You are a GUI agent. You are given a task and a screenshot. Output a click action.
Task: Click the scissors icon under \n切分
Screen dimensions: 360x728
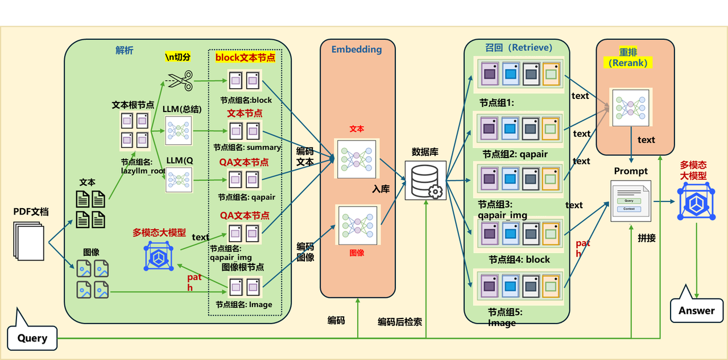click(180, 80)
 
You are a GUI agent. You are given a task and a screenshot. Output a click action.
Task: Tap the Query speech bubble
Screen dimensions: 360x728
click(32, 338)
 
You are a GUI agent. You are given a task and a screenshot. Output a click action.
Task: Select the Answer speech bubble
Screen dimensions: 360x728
click(696, 311)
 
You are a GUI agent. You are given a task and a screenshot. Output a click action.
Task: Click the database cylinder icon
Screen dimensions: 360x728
click(425, 180)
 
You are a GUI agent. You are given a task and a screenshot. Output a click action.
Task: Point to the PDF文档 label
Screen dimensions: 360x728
click(31, 212)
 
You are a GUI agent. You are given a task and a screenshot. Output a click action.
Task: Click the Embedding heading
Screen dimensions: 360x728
click(357, 49)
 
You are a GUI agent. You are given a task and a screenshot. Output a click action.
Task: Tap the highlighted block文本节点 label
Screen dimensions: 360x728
click(245, 57)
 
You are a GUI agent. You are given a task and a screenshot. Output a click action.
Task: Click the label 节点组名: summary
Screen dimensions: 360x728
click(247, 147)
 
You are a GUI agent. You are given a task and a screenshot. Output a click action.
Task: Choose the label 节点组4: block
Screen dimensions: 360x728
click(519, 259)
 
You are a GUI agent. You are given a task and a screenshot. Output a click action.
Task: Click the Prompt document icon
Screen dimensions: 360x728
click(630, 200)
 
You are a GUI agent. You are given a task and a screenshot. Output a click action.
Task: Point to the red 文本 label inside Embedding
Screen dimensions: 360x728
click(357, 129)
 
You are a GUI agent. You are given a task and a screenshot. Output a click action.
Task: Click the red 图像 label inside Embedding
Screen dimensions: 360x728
click(357, 253)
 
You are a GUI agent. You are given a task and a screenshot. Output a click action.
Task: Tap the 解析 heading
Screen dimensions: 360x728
click(125, 51)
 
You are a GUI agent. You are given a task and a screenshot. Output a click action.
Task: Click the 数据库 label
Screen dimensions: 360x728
click(424, 152)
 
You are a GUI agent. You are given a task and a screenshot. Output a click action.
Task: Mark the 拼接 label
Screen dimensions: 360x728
click(647, 238)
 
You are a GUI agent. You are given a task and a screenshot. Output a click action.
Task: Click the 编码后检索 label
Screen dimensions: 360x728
click(400, 322)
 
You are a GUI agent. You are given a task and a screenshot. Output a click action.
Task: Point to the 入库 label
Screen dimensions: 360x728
click(381, 189)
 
